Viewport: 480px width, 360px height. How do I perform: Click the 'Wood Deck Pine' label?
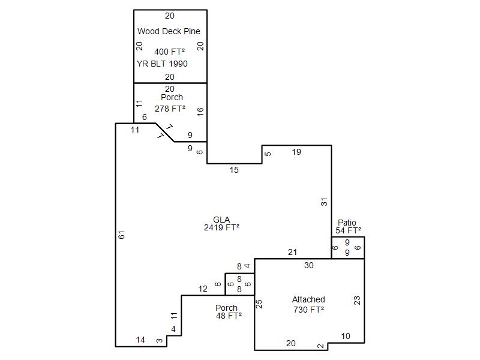coord(169,31)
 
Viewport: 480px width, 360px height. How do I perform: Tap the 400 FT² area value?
coord(169,52)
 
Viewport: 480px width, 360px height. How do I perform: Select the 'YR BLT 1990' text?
coord(162,64)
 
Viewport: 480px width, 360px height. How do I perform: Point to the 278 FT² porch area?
coord(170,109)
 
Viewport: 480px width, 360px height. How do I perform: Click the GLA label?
coord(221,220)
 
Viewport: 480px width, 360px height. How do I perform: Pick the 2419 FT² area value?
coord(221,227)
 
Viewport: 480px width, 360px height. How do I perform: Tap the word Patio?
coord(347,223)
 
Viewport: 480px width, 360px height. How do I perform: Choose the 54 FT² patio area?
coord(348,230)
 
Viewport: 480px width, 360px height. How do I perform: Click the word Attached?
coord(308,299)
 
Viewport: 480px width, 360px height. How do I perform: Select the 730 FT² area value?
coord(308,310)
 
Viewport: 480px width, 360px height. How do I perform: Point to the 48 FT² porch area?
coord(229,316)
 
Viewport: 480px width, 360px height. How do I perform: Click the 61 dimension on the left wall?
coord(122,235)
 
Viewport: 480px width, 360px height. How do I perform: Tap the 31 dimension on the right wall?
coord(324,202)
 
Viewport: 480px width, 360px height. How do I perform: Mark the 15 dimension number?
coord(234,170)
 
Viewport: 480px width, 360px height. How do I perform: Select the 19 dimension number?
coord(296,152)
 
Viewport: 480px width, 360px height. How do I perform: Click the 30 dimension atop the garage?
coord(309,265)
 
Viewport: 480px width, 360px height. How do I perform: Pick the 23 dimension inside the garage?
coord(357,301)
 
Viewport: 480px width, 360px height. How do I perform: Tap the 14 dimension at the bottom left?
coord(140,340)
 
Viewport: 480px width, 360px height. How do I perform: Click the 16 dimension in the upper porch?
coord(200,112)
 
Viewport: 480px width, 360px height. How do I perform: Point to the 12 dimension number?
coord(203,289)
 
